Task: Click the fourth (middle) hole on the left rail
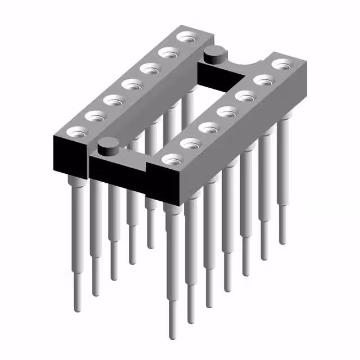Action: [132, 85]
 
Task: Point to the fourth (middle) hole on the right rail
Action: [226, 111]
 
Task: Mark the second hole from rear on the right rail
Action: [262, 80]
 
